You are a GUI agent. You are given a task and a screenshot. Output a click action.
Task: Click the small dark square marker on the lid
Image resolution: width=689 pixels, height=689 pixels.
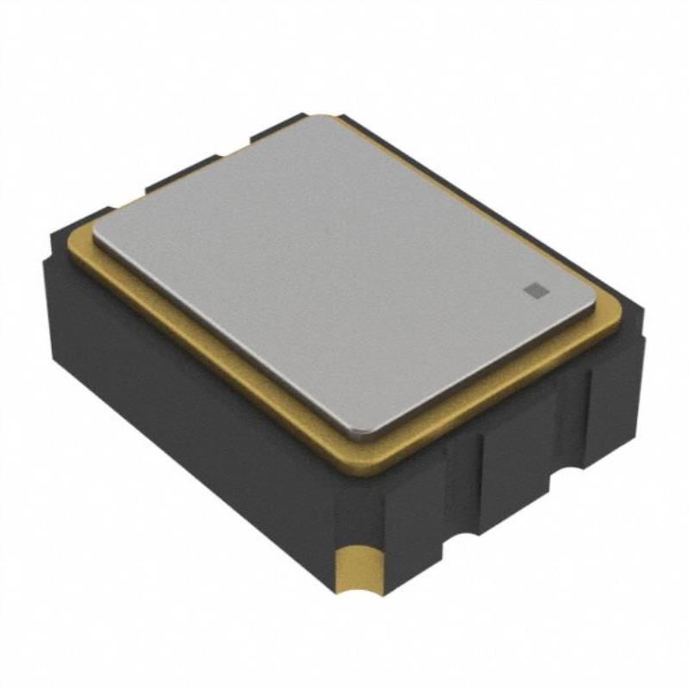(x=535, y=290)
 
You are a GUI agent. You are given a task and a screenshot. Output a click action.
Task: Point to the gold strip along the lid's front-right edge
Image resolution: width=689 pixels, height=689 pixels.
(x=508, y=388)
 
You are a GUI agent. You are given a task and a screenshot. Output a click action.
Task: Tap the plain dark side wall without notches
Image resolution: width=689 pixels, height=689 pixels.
(x=189, y=431)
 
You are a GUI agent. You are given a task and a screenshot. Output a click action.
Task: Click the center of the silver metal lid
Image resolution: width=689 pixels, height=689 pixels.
(x=344, y=271)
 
